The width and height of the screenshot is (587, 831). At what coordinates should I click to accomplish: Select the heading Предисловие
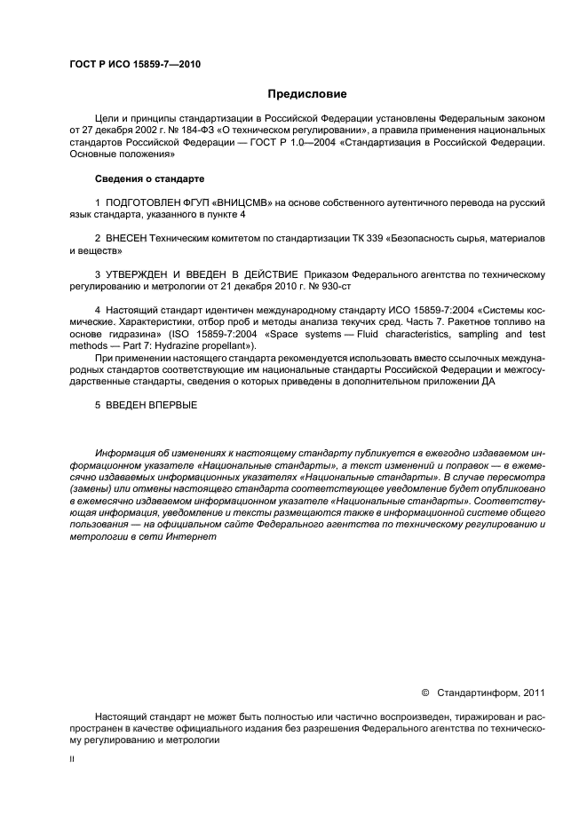306,93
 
